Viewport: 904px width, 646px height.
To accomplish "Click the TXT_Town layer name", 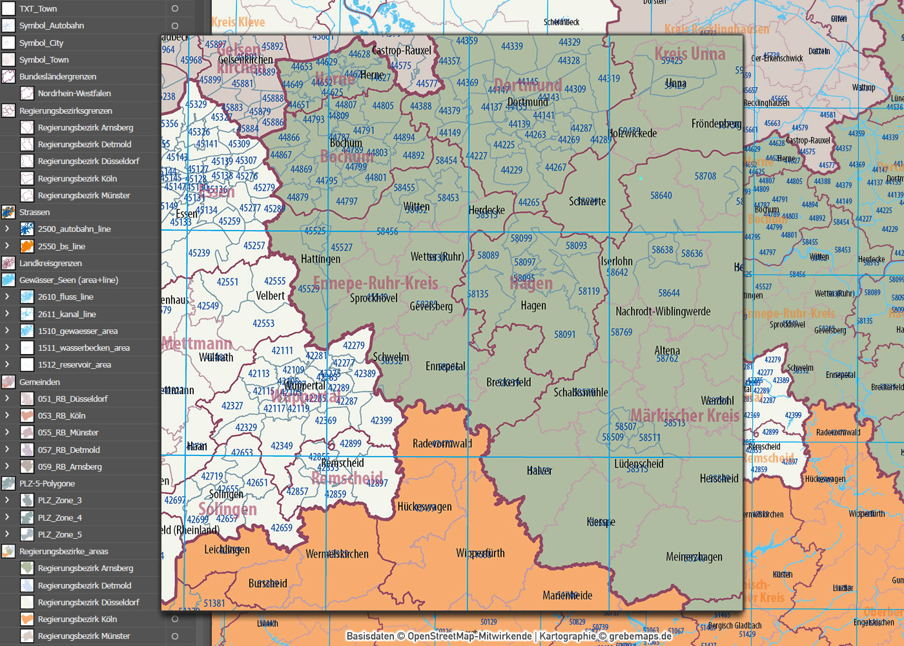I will coord(38,9).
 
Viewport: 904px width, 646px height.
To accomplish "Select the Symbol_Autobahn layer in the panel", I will coord(52,26).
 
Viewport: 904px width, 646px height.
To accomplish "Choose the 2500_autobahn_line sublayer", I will coord(74,229).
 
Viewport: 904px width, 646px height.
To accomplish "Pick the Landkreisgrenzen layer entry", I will coord(50,264).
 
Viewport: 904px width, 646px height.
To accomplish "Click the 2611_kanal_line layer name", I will coord(67,315).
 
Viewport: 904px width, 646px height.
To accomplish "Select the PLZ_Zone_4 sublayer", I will coord(59,517).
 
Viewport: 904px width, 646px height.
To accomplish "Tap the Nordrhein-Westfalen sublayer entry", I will coord(74,94).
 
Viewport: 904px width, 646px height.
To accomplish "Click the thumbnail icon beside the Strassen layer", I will coord(8,212).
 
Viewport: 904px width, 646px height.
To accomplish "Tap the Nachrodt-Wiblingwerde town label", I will coord(663,311).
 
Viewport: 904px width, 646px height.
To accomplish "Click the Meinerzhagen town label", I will coord(694,557).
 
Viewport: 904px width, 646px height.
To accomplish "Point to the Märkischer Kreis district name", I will coord(684,415).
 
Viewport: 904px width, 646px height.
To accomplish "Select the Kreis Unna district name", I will coord(690,54).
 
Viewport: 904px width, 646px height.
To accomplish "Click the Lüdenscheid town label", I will coord(639,464).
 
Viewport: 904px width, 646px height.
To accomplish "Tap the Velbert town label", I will coord(270,296).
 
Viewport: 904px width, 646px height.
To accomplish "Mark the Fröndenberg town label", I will coord(715,123).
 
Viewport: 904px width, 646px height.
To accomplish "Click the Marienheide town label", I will coord(567,596).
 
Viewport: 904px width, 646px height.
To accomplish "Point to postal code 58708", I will coord(705,176).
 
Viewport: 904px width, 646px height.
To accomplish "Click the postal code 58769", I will coord(621,333).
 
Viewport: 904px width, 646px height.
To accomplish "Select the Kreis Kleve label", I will coord(238,23).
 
